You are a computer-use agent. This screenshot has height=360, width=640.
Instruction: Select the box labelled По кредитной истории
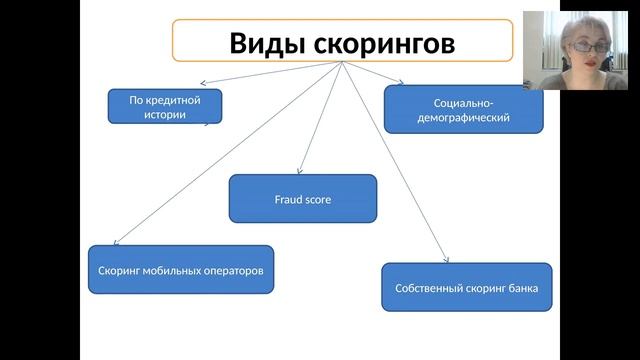(x=164, y=106)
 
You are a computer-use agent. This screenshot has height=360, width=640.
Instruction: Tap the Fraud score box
(x=303, y=199)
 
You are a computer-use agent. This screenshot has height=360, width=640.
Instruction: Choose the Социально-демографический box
(x=463, y=110)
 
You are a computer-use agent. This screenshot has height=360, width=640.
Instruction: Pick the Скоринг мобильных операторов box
(x=180, y=270)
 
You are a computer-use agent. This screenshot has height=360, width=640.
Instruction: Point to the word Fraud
(x=288, y=199)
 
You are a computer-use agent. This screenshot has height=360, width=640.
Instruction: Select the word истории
(x=165, y=114)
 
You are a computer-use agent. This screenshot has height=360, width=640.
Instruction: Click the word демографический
(x=463, y=118)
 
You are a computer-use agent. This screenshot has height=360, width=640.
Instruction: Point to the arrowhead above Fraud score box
(x=301, y=171)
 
